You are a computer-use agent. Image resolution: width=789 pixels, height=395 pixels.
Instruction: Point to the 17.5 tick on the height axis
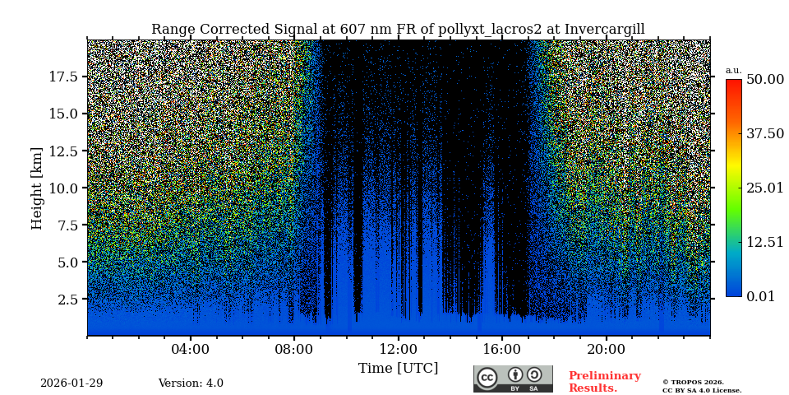[x=63, y=77]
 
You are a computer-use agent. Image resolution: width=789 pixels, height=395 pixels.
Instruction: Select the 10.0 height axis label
[x=63, y=188]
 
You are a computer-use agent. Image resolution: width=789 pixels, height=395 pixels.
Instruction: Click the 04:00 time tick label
[x=191, y=350]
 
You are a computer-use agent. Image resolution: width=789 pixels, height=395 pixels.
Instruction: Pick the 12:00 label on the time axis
[x=398, y=350]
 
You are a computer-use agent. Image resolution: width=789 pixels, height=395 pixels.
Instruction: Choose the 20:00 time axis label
[x=606, y=350]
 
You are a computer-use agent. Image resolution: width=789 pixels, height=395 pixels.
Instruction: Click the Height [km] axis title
[x=37, y=188]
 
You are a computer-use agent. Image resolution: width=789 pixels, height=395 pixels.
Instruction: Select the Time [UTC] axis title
[x=398, y=369]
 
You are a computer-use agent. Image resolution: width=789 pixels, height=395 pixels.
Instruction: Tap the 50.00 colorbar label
[x=764, y=80]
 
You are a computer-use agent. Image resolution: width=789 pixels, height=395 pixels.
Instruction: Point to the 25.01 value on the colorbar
[x=764, y=188]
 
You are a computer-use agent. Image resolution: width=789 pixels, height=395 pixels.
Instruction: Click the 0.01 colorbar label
[x=760, y=297]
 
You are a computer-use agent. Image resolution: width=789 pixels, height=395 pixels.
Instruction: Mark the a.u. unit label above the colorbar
[x=733, y=71]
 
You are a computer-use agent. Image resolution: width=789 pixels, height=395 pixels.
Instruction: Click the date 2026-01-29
[x=72, y=383]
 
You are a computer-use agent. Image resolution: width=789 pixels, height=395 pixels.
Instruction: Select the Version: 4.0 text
[x=191, y=383]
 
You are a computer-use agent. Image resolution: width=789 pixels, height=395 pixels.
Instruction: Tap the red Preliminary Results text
[x=604, y=382]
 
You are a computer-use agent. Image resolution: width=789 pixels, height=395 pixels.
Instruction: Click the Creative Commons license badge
[x=513, y=379]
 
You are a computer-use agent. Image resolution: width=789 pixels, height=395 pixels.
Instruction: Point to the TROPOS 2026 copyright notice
[x=693, y=383]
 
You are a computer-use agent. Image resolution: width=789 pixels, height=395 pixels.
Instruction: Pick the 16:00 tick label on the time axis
[x=502, y=350]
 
